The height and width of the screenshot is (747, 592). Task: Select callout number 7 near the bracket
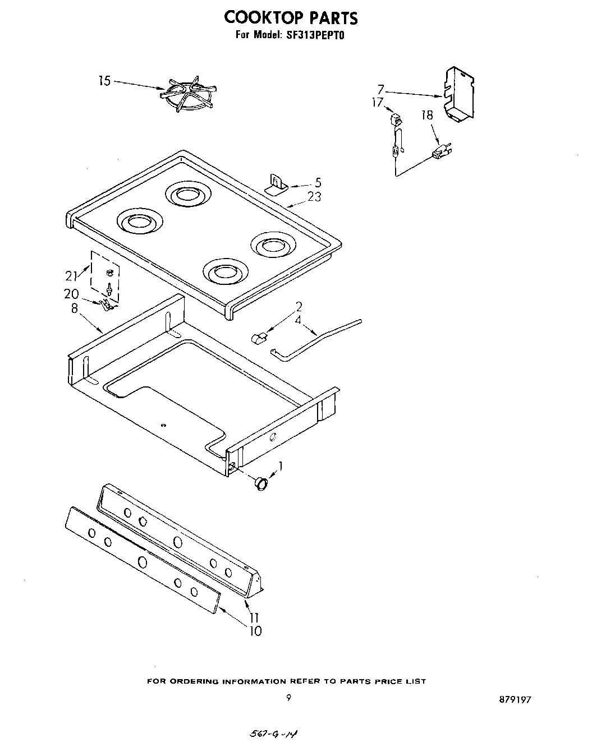click(380, 89)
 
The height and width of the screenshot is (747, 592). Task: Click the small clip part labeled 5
click(276, 183)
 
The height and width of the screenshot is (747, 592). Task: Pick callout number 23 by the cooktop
click(314, 197)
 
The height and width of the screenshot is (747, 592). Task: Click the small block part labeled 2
click(259, 337)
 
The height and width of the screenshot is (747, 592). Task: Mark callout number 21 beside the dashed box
click(71, 275)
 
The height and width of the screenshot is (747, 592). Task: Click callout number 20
click(71, 294)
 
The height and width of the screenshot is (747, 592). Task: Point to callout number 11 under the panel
click(254, 617)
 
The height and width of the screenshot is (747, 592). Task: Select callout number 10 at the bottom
click(255, 631)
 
